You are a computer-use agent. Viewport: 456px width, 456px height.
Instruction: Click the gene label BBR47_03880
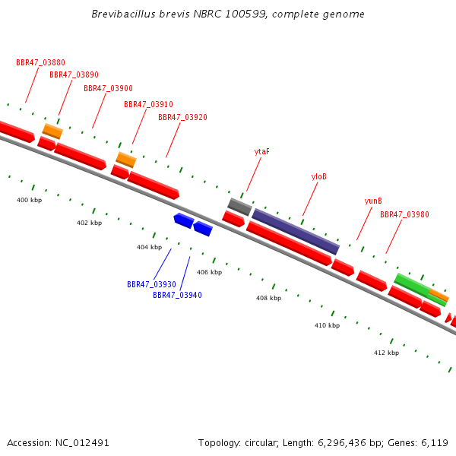coord(41,62)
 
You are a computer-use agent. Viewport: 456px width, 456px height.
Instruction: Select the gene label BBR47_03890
coord(74,75)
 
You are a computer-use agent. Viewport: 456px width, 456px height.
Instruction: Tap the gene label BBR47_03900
coord(108,89)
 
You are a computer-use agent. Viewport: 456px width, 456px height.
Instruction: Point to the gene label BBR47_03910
coord(148,104)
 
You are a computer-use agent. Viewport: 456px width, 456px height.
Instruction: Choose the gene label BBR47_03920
coord(182,118)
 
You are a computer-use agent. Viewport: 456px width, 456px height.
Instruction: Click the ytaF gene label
coord(261,152)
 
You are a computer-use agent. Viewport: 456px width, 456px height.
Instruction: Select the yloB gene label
coord(319,176)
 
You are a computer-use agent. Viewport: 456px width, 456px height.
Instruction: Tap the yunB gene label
coord(372,201)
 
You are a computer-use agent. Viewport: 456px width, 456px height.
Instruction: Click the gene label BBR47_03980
coord(404,215)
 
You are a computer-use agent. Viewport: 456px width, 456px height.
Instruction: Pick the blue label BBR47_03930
coord(151,284)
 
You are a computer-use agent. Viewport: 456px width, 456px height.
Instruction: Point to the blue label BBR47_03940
coord(177,295)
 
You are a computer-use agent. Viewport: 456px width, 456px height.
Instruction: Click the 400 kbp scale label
coord(29,200)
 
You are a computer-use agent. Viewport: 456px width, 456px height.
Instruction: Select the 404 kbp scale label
coord(149,247)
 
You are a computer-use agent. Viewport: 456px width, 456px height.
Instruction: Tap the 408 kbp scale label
coord(268,298)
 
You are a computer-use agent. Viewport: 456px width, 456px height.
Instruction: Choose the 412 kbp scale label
coord(386,353)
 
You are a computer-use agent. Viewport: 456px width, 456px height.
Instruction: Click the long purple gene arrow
coord(296,231)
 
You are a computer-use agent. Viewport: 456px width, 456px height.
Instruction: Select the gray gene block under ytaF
coord(239,206)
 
